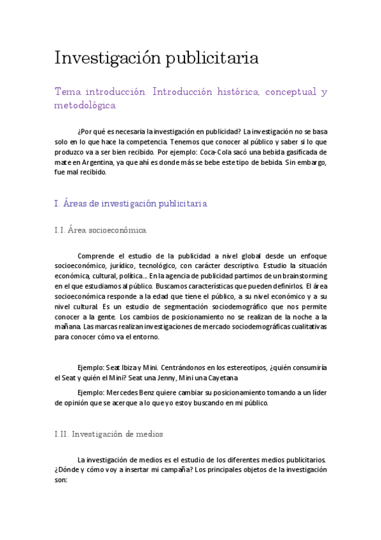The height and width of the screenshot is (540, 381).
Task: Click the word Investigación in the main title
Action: (107, 58)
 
